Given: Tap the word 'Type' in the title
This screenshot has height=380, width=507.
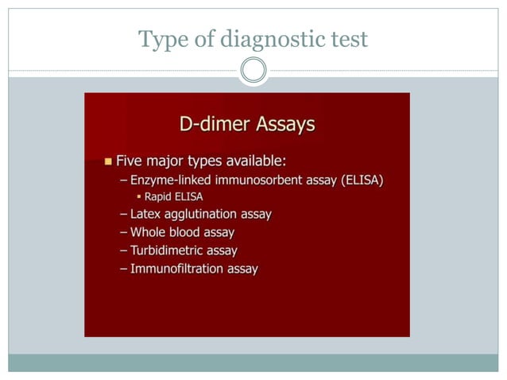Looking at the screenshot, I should [160, 38].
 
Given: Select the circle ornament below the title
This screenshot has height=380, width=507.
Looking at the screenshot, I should [253, 71].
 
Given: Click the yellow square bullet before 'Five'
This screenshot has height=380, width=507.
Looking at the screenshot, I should [109, 161].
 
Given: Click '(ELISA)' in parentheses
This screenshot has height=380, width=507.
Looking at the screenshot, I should [362, 180].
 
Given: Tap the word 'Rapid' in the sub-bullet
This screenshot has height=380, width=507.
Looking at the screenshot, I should [159, 196].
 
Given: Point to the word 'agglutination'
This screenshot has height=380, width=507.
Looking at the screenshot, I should [199, 214].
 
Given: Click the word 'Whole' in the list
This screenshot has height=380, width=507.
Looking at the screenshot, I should [148, 232].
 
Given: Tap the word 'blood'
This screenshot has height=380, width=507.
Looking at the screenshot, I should [185, 232].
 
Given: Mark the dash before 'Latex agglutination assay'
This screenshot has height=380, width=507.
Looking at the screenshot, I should [123, 214].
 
